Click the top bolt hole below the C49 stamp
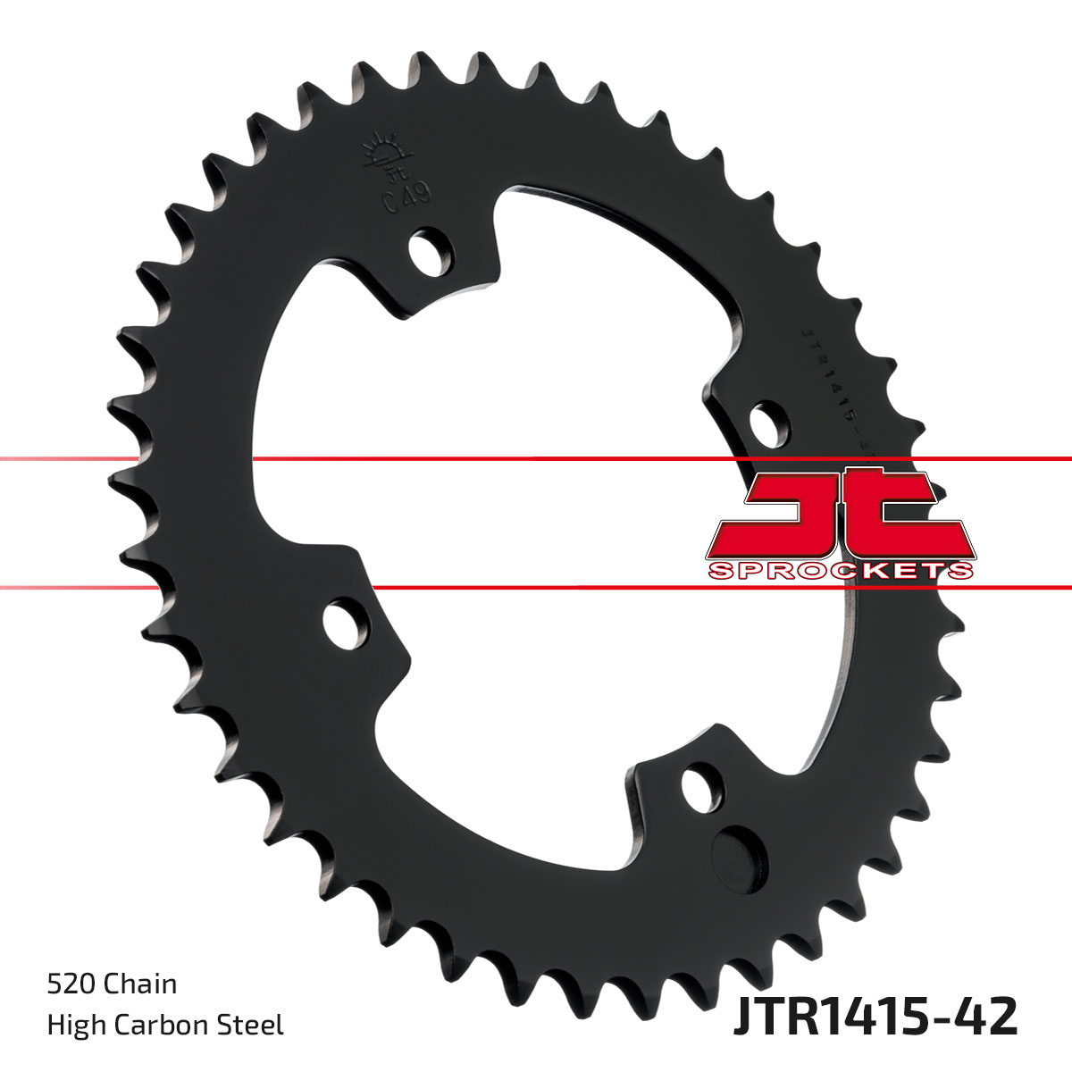[x=430, y=248]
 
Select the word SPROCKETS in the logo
[x=840, y=571]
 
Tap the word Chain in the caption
[x=140, y=984]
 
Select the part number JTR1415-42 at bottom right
[x=875, y=1018]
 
